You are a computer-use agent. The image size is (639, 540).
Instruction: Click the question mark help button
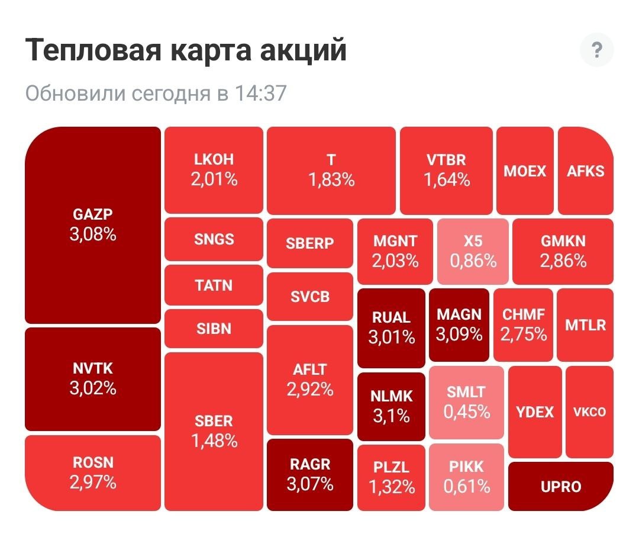(x=596, y=51)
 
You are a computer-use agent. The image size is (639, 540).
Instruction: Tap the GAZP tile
(x=93, y=225)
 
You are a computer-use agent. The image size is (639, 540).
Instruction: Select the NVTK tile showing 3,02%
(x=93, y=379)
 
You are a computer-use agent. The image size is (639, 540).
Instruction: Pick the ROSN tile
(x=93, y=472)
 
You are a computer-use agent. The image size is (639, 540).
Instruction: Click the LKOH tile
(x=214, y=170)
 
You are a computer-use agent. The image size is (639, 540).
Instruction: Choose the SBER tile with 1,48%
(x=214, y=430)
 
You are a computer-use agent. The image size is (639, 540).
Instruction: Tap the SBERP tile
(x=310, y=243)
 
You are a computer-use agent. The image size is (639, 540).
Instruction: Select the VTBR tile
(x=446, y=170)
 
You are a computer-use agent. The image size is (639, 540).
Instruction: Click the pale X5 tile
(x=473, y=251)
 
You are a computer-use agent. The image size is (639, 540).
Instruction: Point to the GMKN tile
(x=563, y=251)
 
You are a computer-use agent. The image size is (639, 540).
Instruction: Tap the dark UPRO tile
(x=560, y=487)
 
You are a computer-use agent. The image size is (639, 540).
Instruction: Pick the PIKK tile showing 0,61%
(x=467, y=477)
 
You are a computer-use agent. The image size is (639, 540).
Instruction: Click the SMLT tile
(x=466, y=402)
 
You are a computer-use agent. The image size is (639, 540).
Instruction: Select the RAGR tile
(x=310, y=474)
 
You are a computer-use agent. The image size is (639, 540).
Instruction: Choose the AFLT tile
(x=310, y=380)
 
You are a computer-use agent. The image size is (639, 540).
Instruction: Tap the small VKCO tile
(x=589, y=412)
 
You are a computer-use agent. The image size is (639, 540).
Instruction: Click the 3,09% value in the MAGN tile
(x=459, y=335)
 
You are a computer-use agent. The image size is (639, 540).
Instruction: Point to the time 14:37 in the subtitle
(x=260, y=94)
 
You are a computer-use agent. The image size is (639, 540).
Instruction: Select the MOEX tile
(x=525, y=171)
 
